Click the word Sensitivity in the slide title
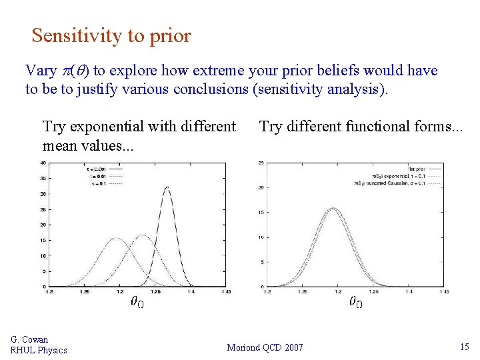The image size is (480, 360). click(70, 35)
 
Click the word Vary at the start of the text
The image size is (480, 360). click(41, 71)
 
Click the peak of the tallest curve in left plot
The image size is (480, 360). click(167, 187)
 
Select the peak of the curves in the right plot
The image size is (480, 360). click(331, 208)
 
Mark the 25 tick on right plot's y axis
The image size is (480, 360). click(262, 163)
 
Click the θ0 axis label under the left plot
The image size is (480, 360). click(137, 303)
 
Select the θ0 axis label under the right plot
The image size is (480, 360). click(356, 303)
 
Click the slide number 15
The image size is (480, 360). click(464, 347)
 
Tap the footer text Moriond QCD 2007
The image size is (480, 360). click(265, 347)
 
